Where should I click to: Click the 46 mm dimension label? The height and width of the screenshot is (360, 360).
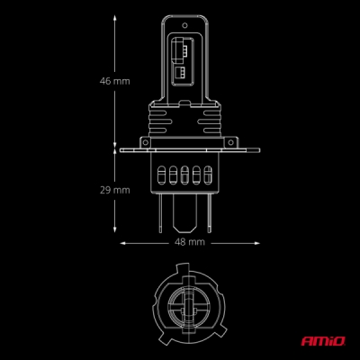115,81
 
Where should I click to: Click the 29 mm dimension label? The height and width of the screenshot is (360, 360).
115,190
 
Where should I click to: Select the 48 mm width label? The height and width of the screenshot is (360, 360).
190,242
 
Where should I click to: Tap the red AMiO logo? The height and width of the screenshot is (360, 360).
323,341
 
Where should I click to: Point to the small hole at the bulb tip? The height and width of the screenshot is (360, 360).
184,25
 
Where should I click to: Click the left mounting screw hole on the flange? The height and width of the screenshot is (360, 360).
145,142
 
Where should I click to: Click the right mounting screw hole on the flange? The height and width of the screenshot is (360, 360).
230,142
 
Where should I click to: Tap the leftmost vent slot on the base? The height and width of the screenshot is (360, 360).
161,175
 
